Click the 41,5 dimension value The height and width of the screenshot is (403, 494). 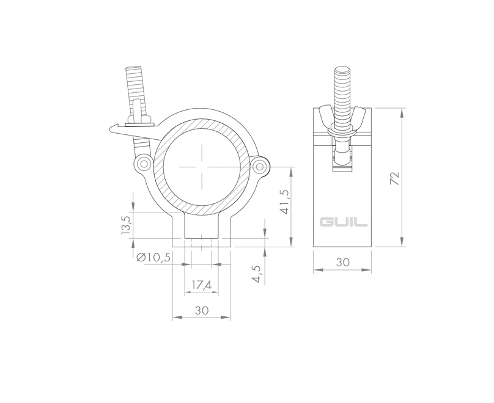(285, 202)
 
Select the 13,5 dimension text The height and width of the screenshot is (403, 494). (125, 225)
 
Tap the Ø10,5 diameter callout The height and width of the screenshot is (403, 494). (153, 258)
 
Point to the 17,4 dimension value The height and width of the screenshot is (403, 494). (201, 285)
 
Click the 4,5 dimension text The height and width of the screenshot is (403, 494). (257, 274)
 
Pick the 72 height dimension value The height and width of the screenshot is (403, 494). (394, 178)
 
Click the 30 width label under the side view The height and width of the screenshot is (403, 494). (342, 262)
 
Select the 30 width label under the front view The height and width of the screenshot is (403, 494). (202, 310)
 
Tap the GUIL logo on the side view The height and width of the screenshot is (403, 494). (343, 222)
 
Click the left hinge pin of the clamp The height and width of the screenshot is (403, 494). (144, 164)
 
